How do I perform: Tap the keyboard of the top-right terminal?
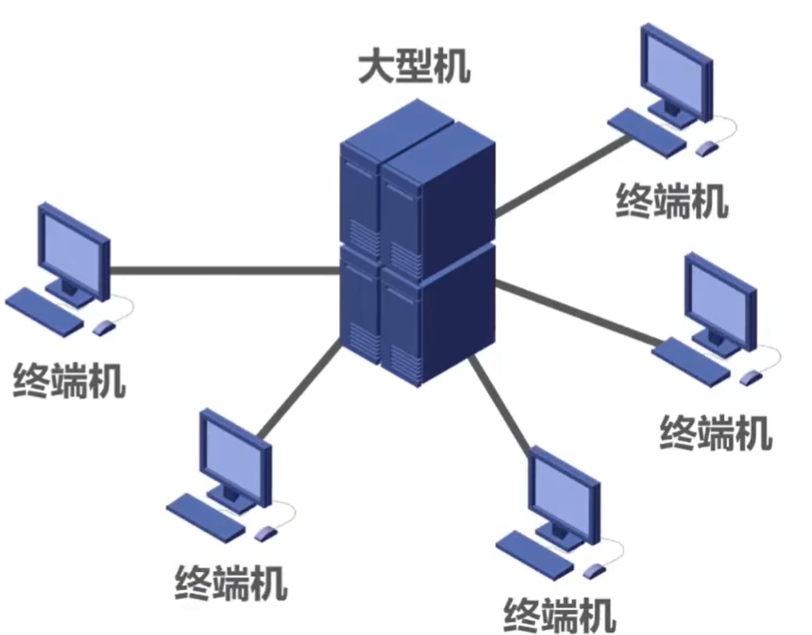point(648,132)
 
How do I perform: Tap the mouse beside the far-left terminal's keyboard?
point(103,328)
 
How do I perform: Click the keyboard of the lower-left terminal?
point(205,516)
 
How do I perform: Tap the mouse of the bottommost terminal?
point(594,570)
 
